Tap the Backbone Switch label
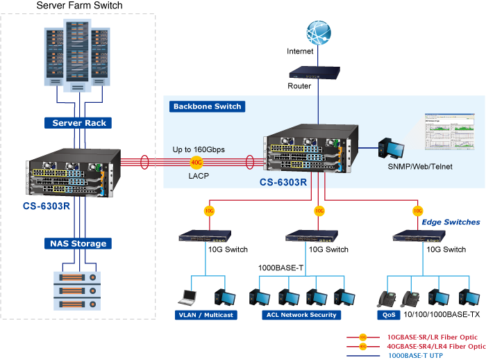207,106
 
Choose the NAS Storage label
78,243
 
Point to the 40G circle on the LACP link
197,163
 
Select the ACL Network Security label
300,315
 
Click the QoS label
389,315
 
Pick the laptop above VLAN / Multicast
188,297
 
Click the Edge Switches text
451,222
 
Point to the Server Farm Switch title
79,6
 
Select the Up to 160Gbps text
199,149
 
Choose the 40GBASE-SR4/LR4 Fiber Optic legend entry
436,345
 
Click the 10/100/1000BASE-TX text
441,315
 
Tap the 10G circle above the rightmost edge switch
418,210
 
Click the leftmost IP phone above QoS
385,297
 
